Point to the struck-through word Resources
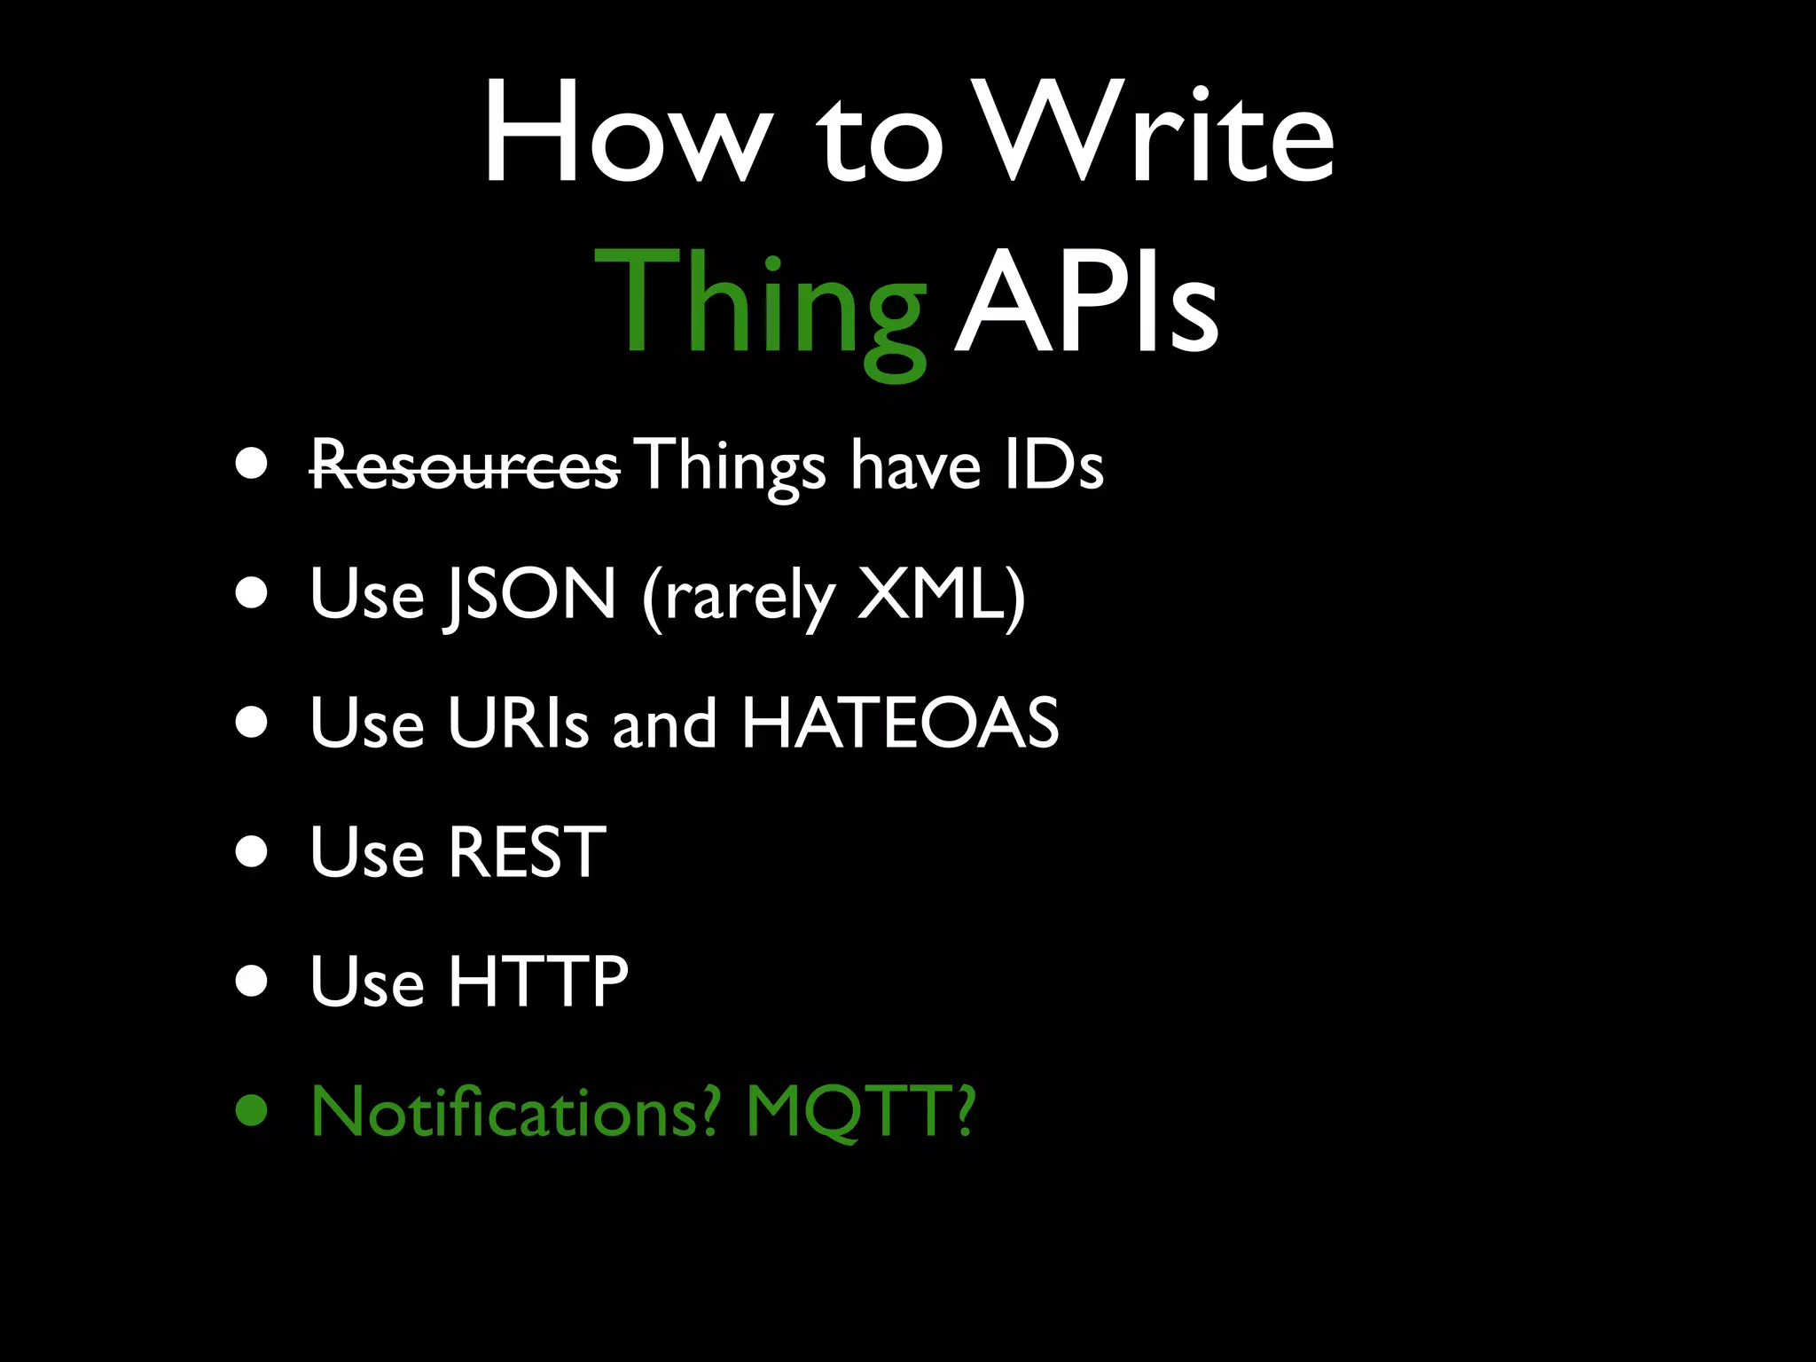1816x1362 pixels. tap(465, 466)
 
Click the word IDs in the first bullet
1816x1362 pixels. tap(1053, 465)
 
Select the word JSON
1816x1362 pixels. tap(530, 594)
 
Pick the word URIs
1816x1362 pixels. tap(518, 723)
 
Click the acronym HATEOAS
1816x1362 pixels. tap(900, 723)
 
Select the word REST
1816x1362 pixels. tap(527, 852)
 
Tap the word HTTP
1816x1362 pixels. tap(538, 981)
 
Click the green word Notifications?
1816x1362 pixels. tap(515, 1110)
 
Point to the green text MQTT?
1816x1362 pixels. tap(860, 1110)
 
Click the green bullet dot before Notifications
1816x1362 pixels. tap(252, 1110)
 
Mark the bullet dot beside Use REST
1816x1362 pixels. tap(252, 852)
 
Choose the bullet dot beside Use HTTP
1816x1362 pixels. tap(252, 981)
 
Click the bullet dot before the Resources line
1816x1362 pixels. tap(252, 465)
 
